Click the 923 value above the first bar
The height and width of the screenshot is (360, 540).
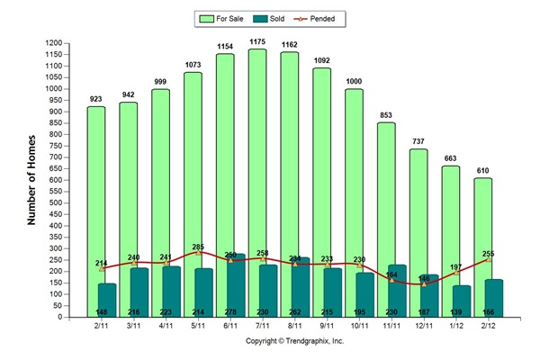tap(96, 98)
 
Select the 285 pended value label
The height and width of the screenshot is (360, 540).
tap(199, 246)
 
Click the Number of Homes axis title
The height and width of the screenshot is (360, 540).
tap(31, 180)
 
